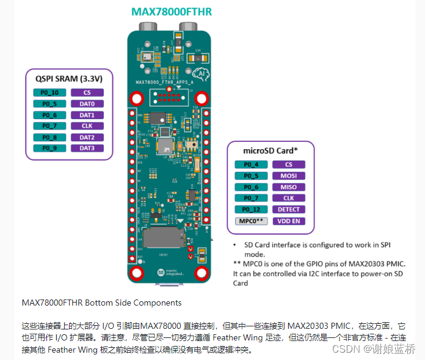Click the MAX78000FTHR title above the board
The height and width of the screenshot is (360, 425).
172,12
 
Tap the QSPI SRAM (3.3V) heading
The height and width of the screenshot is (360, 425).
68,78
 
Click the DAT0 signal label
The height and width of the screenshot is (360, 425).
87,104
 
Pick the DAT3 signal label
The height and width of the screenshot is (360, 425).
87,149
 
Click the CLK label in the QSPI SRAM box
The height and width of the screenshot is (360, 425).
87,126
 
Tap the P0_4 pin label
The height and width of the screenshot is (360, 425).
251,164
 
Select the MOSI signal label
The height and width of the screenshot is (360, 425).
289,176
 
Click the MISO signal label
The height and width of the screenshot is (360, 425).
289,187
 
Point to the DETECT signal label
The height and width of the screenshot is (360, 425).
289,210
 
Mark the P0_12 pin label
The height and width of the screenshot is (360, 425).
251,210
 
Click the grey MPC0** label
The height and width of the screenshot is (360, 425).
251,221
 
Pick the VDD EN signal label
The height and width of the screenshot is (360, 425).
289,221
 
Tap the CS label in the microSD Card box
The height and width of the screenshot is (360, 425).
289,164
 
